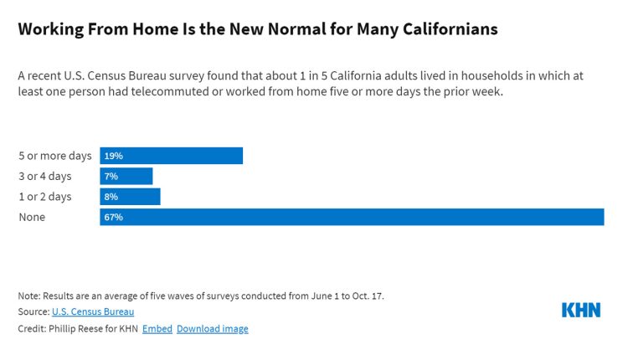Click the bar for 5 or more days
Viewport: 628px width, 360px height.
(x=172, y=156)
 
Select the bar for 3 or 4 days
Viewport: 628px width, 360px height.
(x=126, y=176)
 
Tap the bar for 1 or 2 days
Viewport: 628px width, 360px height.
(x=130, y=197)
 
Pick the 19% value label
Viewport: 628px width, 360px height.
(x=113, y=156)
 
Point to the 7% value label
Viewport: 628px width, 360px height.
(x=111, y=176)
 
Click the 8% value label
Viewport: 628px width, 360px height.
(x=111, y=197)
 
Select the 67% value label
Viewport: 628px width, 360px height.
(x=113, y=217)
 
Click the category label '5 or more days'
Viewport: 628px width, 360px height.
(x=54, y=156)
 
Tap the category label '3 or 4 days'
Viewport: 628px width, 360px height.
(x=45, y=176)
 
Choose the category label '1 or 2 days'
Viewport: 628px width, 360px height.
(x=45, y=197)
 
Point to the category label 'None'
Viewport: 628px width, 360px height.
(x=32, y=217)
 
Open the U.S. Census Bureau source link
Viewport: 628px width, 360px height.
(x=93, y=311)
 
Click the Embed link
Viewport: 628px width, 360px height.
(x=157, y=328)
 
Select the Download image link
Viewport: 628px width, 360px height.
(x=213, y=328)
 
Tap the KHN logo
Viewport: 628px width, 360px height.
(x=580, y=310)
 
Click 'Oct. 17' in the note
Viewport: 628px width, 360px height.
(x=368, y=296)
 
